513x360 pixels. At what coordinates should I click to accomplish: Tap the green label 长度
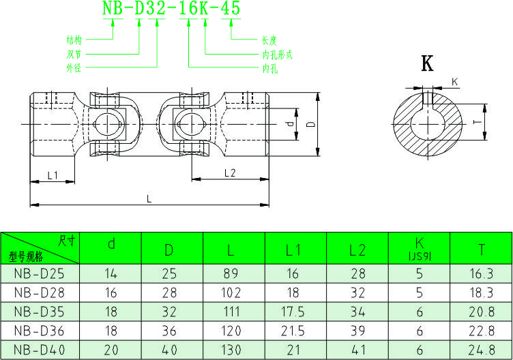point(269,40)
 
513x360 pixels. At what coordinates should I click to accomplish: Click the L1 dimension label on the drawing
point(53,175)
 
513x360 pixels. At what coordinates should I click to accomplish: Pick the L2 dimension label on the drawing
point(230,173)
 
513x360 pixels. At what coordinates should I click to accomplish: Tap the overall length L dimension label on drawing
point(150,198)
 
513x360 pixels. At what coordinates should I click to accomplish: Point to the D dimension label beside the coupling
point(310,125)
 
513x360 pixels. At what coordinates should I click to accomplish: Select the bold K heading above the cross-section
point(428,64)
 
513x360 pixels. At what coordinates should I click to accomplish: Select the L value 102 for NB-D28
point(231,293)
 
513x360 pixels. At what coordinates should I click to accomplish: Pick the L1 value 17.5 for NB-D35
point(293,312)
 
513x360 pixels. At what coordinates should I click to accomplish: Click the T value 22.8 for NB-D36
point(482,331)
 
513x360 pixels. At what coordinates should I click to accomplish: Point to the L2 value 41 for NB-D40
point(357,350)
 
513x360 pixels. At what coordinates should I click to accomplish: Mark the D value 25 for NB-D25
point(168,274)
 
